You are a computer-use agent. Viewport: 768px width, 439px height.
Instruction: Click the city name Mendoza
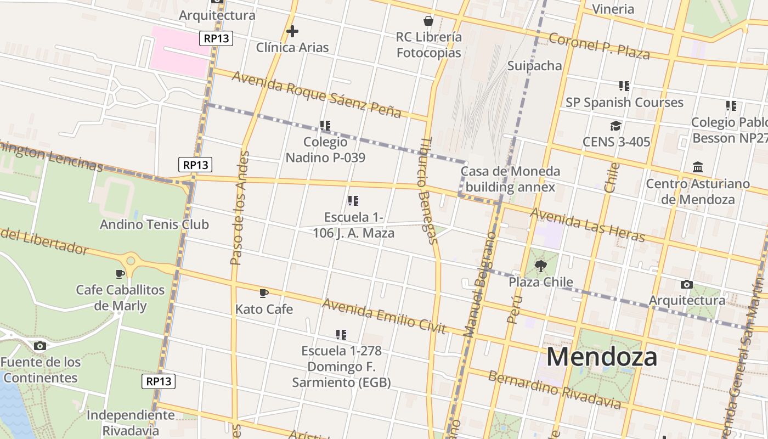click(x=602, y=357)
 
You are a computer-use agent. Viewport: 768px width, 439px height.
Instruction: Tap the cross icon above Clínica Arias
click(x=292, y=31)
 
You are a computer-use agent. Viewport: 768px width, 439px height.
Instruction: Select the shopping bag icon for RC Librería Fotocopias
click(x=428, y=21)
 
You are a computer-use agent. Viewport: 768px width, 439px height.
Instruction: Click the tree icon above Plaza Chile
click(x=541, y=266)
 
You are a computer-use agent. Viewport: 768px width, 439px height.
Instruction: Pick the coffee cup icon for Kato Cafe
click(x=264, y=293)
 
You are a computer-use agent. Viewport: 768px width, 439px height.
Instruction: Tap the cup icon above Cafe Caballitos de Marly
click(x=120, y=273)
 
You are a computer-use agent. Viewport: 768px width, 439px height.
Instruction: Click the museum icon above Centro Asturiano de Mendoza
click(x=698, y=167)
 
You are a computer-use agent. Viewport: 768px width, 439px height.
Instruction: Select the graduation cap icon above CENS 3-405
click(x=616, y=126)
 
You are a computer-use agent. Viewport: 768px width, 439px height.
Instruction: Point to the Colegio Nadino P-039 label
click(x=325, y=150)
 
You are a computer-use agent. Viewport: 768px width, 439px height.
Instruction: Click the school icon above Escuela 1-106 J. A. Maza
click(x=353, y=201)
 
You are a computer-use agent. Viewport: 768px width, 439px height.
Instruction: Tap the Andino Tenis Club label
click(x=154, y=224)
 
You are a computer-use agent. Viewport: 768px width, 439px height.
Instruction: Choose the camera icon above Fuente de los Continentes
click(x=40, y=346)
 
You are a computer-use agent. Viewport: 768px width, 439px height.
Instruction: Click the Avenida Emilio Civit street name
click(x=384, y=316)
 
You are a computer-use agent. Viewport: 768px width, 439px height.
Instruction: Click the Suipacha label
click(x=534, y=66)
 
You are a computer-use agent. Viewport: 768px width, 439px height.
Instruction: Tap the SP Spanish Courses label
click(x=624, y=103)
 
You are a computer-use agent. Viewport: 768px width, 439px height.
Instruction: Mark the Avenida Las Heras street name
click(x=588, y=225)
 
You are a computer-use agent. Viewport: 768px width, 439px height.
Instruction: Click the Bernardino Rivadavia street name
click(x=555, y=390)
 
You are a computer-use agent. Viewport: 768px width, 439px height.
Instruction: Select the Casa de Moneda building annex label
click(x=510, y=179)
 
